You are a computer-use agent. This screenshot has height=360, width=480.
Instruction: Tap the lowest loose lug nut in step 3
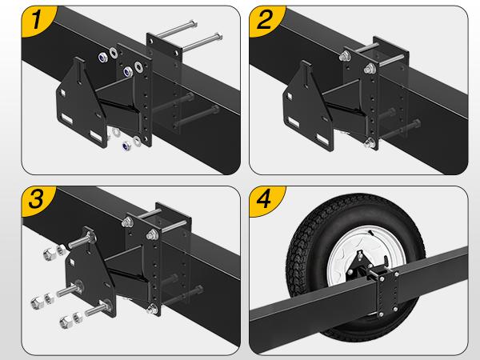pyautogui.click(x=63, y=321)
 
